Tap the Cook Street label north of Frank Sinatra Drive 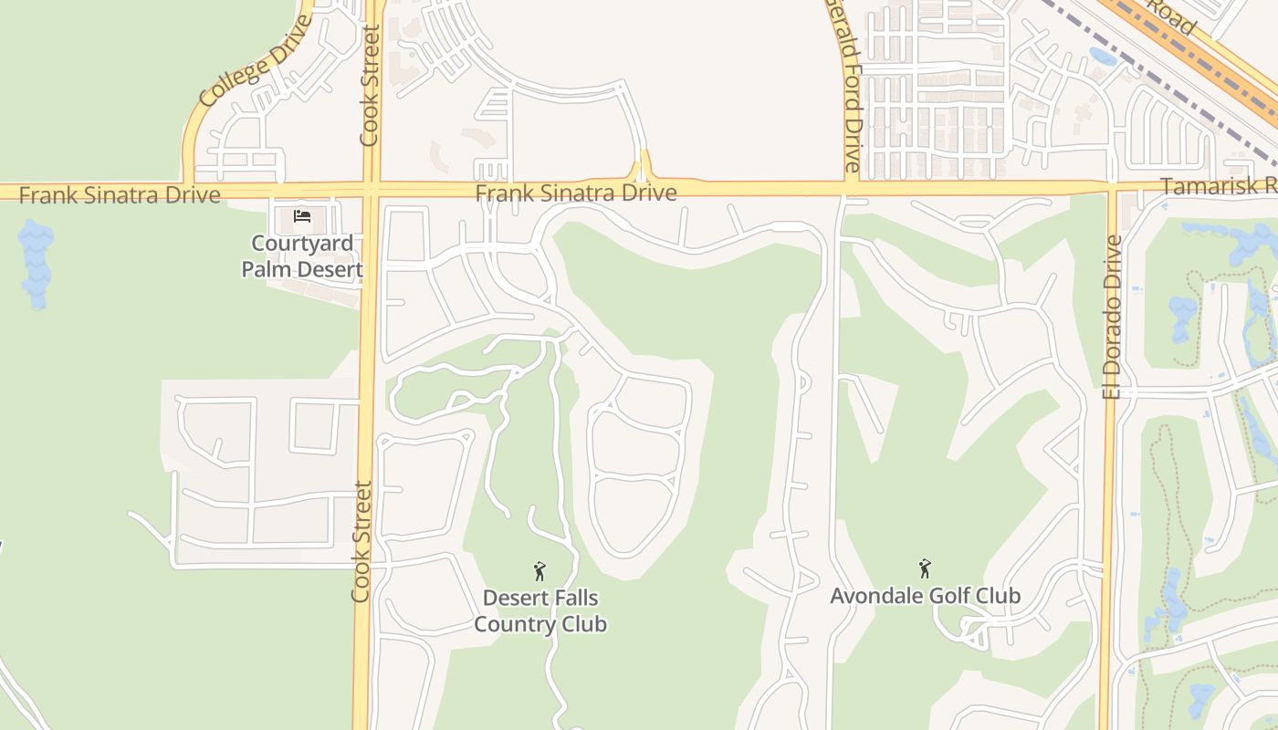369,86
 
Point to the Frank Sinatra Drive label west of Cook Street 120,195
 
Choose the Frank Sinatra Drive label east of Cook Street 576,193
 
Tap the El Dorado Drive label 1111,317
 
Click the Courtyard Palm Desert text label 302,256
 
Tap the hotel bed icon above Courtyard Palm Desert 302,216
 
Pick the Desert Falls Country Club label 540,610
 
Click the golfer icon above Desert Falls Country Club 539,571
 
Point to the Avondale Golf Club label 925,596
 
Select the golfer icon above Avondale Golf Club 925,568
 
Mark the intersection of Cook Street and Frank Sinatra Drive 371,191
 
